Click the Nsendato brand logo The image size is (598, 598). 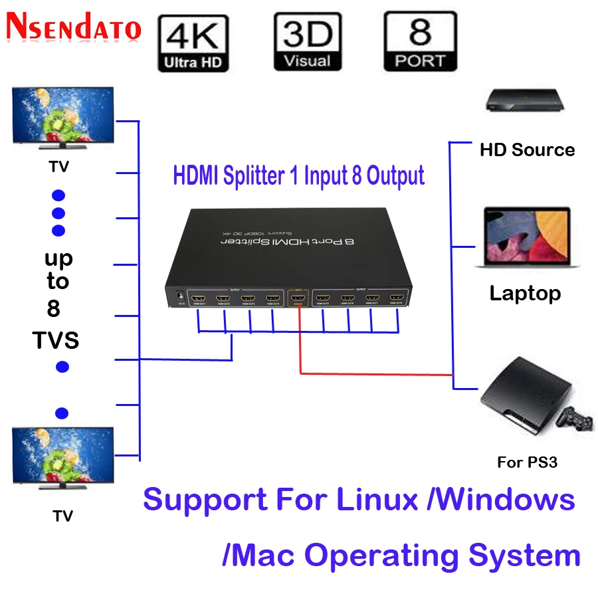pos(74,27)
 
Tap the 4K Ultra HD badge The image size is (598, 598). pos(193,44)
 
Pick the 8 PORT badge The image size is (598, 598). pos(420,42)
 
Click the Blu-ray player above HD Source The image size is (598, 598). pos(526,100)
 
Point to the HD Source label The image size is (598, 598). pos(527,150)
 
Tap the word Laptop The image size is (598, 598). pos(525,293)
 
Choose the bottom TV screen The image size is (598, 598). pos(63,455)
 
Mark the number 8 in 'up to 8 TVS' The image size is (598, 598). pos(54,309)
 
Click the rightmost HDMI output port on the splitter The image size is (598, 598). pos(397,298)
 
